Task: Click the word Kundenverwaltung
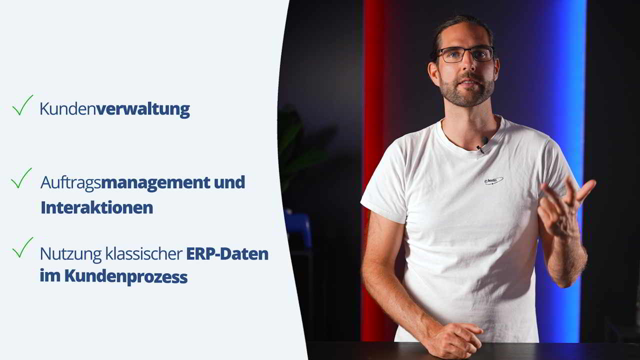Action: [x=114, y=109]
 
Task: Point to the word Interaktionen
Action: [x=97, y=207]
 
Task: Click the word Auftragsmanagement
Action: [x=125, y=183]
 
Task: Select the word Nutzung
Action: [x=70, y=254]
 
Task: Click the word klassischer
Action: [x=144, y=253]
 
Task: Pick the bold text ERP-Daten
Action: [x=227, y=253]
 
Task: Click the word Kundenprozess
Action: [x=126, y=277]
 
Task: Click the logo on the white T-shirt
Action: [x=493, y=180]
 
